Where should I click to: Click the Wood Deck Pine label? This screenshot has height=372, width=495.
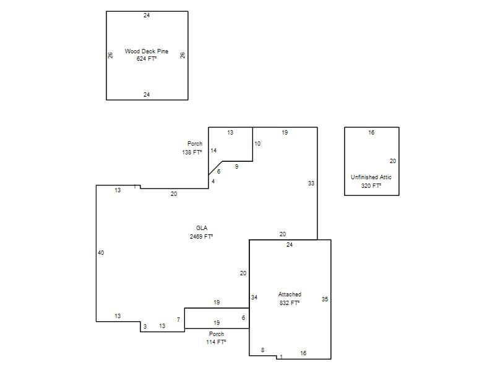[x=147, y=51]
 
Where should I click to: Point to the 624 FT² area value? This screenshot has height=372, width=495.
[x=147, y=59]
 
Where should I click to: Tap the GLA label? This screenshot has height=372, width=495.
[x=202, y=228]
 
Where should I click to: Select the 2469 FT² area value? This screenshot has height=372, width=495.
[x=202, y=237]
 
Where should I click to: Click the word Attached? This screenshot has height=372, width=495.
[x=290, y=294]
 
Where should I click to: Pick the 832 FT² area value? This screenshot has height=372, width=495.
[x=290, y=303]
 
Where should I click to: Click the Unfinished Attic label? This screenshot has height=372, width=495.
[x=371, y=177]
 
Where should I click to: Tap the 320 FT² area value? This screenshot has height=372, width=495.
[x=371, y=185]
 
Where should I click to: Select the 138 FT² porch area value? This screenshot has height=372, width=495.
[x=192, y=152]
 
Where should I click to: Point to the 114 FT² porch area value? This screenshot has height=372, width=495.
[x=216, y=342]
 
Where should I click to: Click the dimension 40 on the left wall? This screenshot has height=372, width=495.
[x=101, y=253]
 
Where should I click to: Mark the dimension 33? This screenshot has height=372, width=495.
[x=311, y=183]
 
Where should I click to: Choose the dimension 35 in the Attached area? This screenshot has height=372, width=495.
[x=325, y=299]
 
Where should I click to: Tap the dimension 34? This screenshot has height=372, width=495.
[x=254, y=298]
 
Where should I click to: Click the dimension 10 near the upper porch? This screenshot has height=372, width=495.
[x=257, y=144]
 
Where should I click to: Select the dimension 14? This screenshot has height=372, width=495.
[x=213, y=151]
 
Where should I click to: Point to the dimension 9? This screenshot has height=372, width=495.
[x=237, y=167]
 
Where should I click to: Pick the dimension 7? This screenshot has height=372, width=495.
[x=178, y=320]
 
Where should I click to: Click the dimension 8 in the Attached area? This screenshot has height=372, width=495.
[x=262, y=350]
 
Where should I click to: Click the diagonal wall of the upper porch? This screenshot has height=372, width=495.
[x=215, y=168]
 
